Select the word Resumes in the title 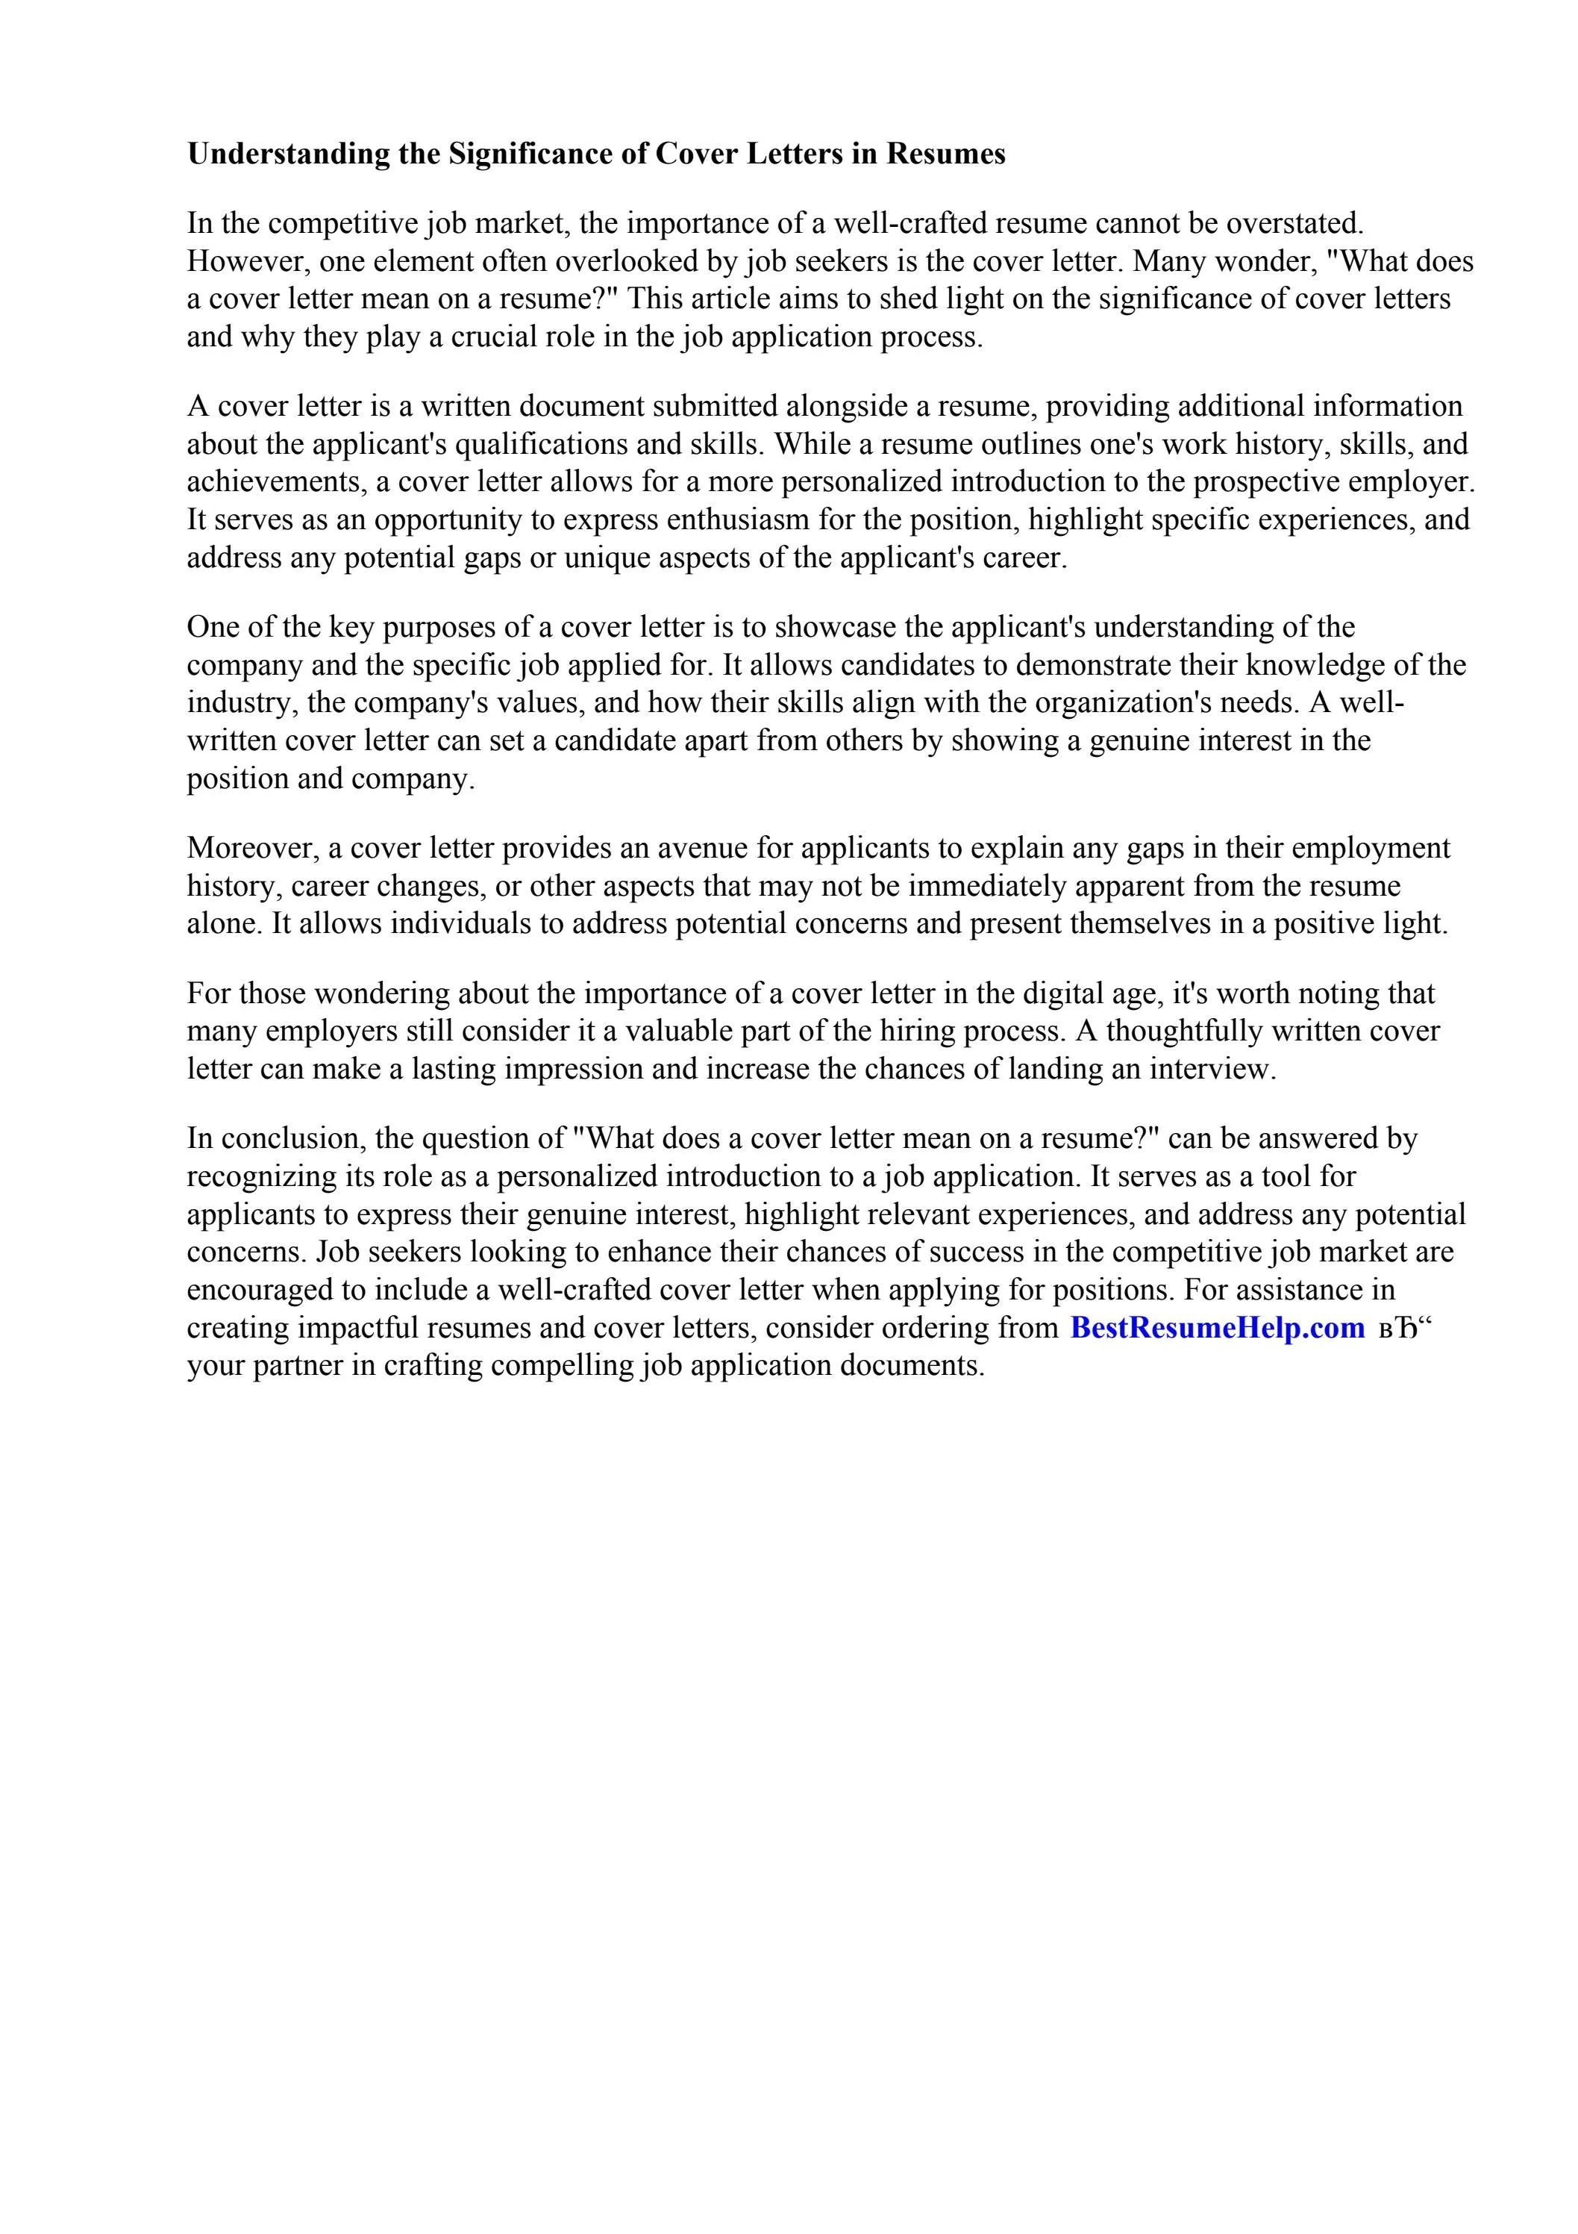[945, 155]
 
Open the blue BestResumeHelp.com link [1216, 1329]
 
